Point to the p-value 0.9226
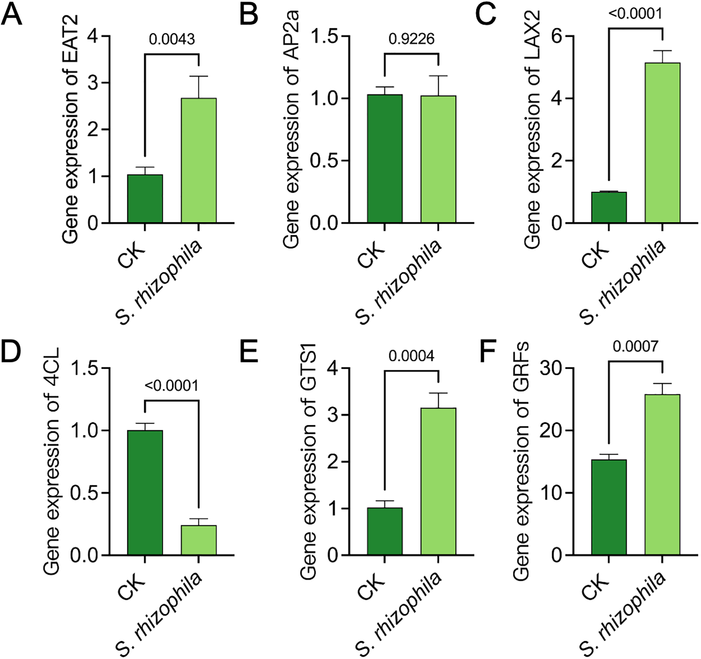[x=411, y=39]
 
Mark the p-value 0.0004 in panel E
[x=411, y=357]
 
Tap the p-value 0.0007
[x=635, y=347]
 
